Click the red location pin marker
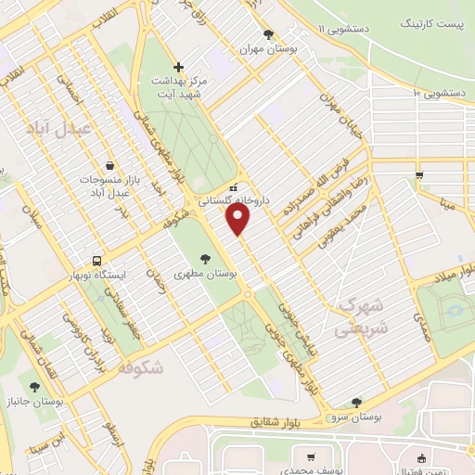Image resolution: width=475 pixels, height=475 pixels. pos(239,220)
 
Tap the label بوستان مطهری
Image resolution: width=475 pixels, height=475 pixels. pos(206,275)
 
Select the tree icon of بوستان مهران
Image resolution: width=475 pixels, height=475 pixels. pos(269,34)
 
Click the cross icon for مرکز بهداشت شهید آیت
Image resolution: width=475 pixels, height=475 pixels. pos(180,67)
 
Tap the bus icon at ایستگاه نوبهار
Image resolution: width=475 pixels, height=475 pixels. pos(96,261)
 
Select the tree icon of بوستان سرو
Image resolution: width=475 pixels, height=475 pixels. pos(356,402)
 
